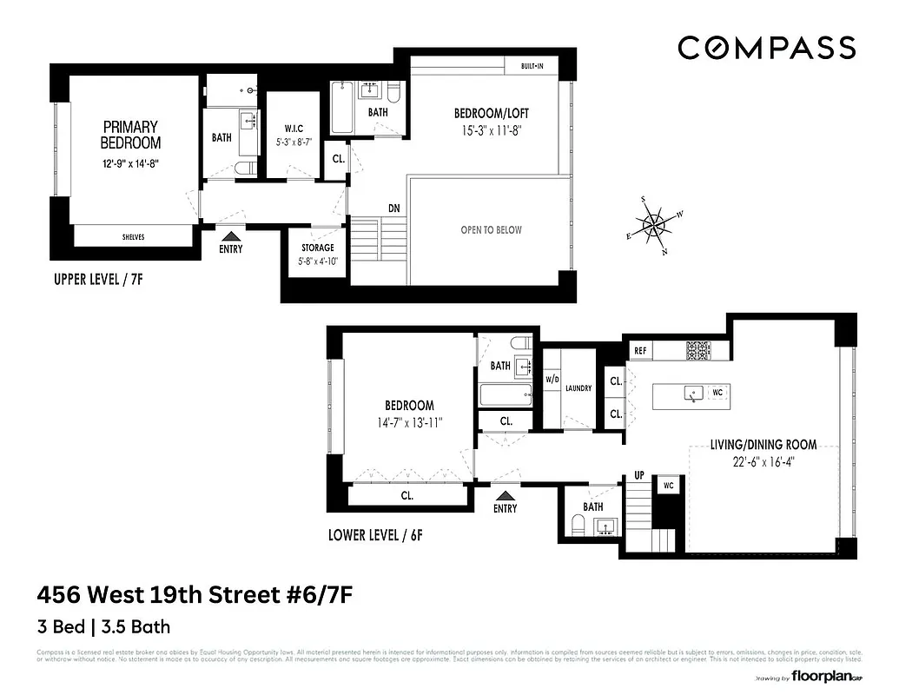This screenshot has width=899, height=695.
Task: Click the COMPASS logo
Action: [766, 48]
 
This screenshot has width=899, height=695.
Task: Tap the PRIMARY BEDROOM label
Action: [130, 135]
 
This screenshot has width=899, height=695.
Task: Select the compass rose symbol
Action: [653, 225]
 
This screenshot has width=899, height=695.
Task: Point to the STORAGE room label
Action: [317, 248]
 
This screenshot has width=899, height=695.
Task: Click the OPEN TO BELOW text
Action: [491, 230]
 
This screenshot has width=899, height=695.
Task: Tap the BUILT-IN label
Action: [533, 66]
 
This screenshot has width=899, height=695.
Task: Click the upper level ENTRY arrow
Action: [231, 235]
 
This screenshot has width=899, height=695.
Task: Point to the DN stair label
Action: [393, 208]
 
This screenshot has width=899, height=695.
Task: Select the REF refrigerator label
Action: [640, 351]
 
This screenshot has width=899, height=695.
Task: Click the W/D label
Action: [552, 380]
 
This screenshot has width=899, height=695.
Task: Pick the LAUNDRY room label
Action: [578, 388]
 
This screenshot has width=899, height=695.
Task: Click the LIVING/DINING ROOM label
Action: [763, 445]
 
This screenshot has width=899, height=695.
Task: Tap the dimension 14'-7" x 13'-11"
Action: [409, 423]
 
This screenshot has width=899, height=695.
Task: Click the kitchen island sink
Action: [693, 394]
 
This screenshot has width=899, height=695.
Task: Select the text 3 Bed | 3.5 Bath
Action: [103, 626]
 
